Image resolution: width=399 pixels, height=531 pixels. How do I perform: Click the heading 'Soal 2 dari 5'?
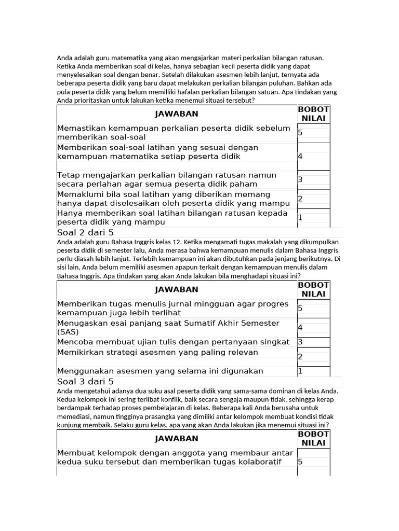point(85,232)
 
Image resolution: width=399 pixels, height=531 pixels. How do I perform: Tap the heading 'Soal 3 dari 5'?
point(85,382)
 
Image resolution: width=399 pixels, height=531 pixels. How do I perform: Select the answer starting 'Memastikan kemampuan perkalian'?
point(174,133)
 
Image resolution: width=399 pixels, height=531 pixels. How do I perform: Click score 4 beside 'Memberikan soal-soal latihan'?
point(300,156)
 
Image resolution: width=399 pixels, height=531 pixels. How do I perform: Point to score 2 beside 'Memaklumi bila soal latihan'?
point(300,199)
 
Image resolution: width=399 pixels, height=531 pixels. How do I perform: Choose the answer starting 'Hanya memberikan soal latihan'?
point(172,218)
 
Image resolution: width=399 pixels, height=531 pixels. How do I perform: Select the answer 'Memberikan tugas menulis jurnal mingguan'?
point(172,309)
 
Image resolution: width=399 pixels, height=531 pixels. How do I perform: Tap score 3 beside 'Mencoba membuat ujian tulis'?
point(300,342)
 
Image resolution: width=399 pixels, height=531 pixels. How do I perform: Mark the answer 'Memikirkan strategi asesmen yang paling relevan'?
point(157,353)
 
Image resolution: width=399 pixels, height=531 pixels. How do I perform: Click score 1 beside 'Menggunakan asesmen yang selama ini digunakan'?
point(300,371)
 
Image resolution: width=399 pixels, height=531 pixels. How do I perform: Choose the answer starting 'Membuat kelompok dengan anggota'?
point(175,457)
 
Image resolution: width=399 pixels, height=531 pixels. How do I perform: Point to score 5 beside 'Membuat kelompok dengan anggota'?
point(300,462)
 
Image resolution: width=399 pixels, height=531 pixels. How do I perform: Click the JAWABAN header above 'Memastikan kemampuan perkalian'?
point(176,114)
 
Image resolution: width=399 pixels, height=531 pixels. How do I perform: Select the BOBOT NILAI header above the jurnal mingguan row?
point(313,289)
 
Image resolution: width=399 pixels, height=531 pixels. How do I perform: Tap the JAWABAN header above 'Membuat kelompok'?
point(176,439)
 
